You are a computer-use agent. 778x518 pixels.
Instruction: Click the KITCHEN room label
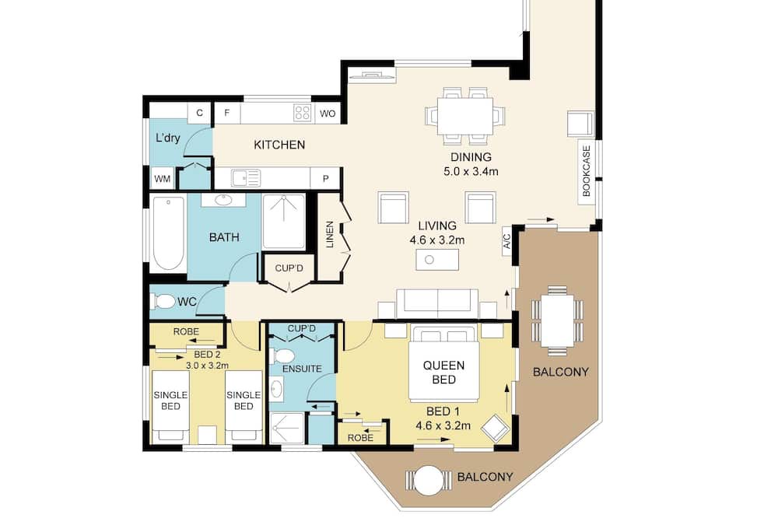(x=279, y=145)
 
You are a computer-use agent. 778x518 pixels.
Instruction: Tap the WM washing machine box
(x=163, y=179)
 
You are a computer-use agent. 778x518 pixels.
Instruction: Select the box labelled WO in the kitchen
(x=328, y=114)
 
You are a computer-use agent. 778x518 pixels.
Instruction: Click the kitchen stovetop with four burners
(x=302, y=113)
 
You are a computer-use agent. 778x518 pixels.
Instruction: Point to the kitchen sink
(x=245, y=177)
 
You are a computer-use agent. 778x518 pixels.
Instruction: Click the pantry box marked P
(x=325, y=179)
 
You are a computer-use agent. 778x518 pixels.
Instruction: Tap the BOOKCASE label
(x=587, y=171)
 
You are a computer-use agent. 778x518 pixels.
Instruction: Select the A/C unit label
(x=506, y=242)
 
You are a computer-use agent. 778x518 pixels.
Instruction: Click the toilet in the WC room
(x=163, y=301)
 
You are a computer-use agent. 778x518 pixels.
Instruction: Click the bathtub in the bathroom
(x=168, y=233)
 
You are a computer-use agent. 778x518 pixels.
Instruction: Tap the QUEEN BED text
(x=444, y=373)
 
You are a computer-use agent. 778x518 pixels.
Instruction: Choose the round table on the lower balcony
(x=428, y=481)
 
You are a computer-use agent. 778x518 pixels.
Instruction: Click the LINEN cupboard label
(x=329, y=234)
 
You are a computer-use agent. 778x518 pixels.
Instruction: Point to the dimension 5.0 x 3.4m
(x=471, y=172)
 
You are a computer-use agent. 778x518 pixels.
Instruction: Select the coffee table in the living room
(x=437, y=260)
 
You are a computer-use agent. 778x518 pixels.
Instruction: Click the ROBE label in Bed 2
(x=186, y=331)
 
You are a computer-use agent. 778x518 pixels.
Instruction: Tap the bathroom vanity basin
(x=223, y=200)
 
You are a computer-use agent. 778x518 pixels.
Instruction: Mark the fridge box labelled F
(x=226, y=113)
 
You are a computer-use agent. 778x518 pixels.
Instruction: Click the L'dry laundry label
(x=168, y=138)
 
